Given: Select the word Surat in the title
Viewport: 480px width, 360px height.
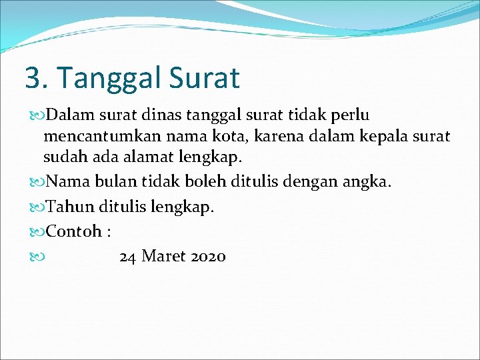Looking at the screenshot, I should (205, 78).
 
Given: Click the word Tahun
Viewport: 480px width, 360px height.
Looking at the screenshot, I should (68, 207).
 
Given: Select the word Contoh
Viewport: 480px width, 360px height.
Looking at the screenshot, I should (74, 231).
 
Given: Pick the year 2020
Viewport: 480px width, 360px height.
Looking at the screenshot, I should (208, 256).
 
